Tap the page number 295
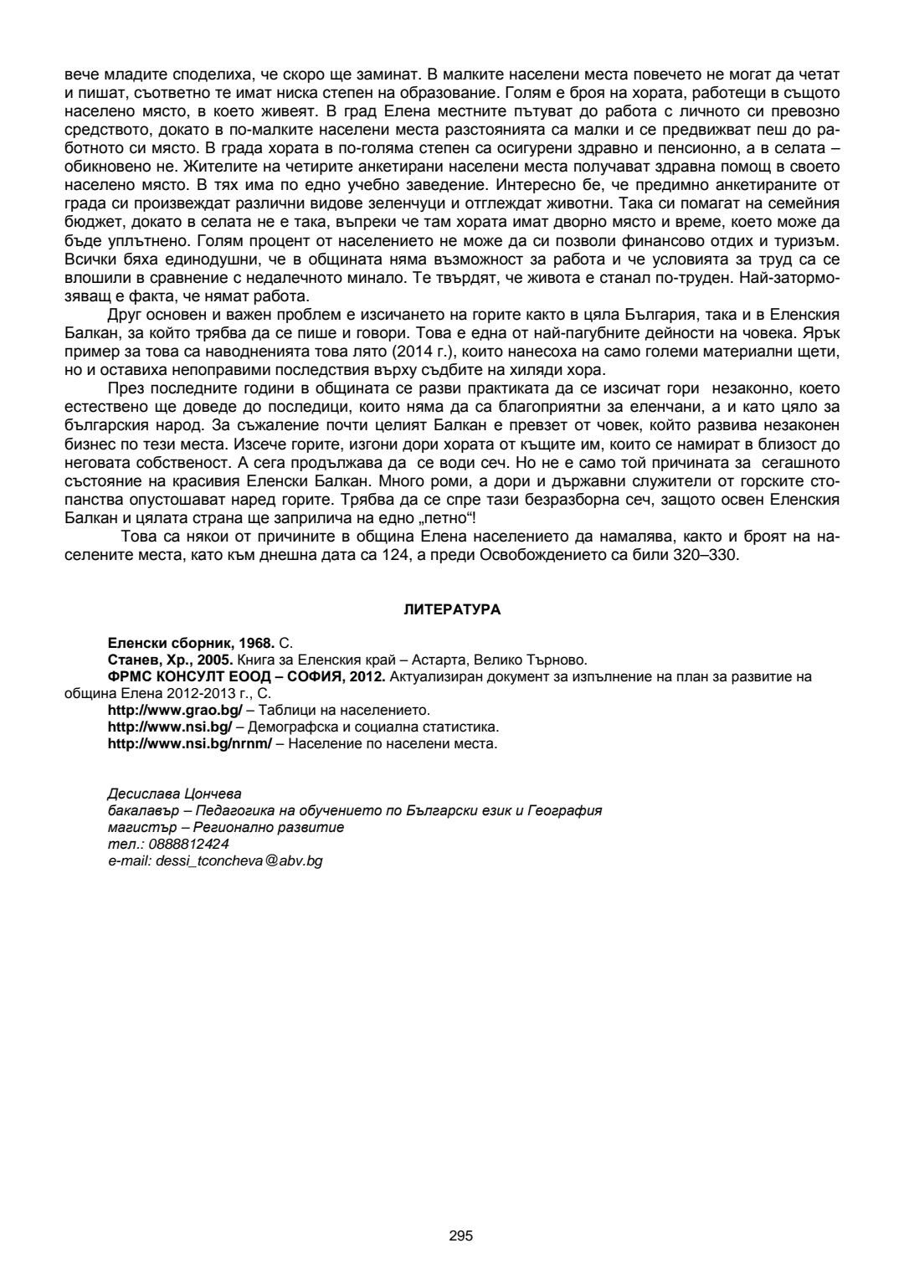460,1235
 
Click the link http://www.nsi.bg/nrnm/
190,743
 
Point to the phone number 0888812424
182,844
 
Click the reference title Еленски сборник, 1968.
191,643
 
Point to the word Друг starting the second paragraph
125,314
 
